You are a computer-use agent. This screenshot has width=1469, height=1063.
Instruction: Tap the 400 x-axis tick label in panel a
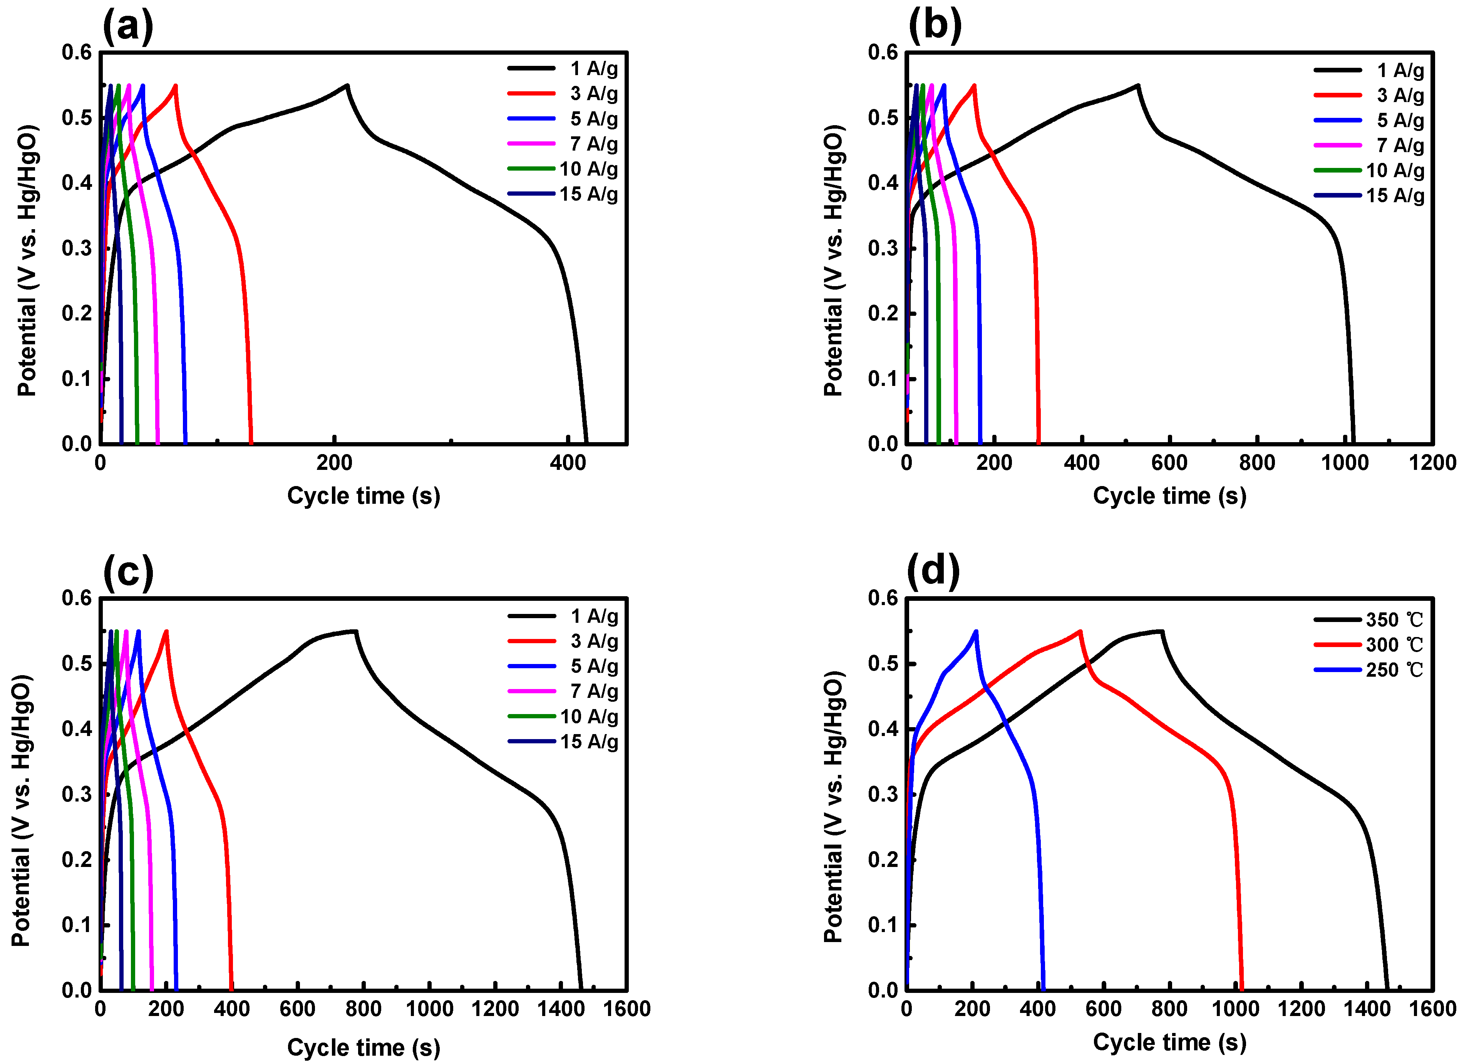pyautogui.click(x=568, y=463)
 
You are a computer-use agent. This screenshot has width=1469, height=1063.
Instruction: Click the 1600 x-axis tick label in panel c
pyautogui.click(x=626, y=1009)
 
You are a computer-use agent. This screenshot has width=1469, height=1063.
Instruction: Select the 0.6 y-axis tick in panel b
pyautogui.click(x=883, y=52)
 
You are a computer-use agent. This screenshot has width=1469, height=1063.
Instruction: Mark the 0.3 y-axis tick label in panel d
pyautogui.click(x=883, y=794)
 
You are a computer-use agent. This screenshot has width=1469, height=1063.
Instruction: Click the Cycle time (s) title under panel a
pyautogui.click(x=363, y=496)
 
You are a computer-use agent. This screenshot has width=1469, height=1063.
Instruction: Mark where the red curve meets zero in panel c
pyautogui.click(x=232, y=989)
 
